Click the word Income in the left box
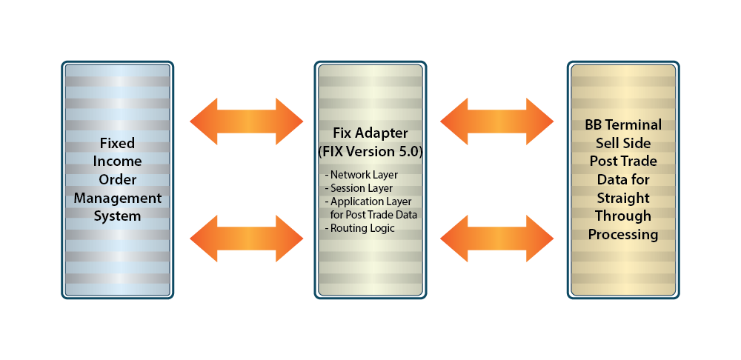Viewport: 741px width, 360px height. pyautogui.click(x=117, y=161)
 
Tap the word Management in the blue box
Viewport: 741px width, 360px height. pyautogui.click(x=117, y=198)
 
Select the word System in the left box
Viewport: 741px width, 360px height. pyautogui.click(x=117, y=216)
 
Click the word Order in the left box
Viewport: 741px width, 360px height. pyautogui.click(x=117, y=179)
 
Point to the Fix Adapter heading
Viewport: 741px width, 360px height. pyautogui.click(x=370, y=133)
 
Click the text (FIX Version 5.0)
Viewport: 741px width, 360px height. pyautogui.click(x=370, y=151)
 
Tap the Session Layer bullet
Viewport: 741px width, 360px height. pyautogui.click(x=360, y=188)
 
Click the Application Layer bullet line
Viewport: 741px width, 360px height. pyautogui.click(x=368, y=201)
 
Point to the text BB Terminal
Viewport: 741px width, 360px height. pyautogui.click(x=623, y=124)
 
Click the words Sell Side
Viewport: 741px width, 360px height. pyautogui.click(x=623, y=142)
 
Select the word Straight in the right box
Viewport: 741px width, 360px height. pyautogui.click(x=623, y=198)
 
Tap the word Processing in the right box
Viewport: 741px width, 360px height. pyautogui.click(x=623, y=234)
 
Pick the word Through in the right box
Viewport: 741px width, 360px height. pyautogui.click(x=623, y=216)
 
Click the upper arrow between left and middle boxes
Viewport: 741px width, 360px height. pyautogui.click(x=247, y=120)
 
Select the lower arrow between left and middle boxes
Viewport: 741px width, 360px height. pyautogui.click(x=247, y=239)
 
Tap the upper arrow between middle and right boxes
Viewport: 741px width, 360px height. pyautogui.click(x=497, y=120)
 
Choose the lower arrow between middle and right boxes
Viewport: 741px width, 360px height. pyautogui.click(x=497, y=239)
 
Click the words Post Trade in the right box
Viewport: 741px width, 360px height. pyautogui.click(x=623, y=161)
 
